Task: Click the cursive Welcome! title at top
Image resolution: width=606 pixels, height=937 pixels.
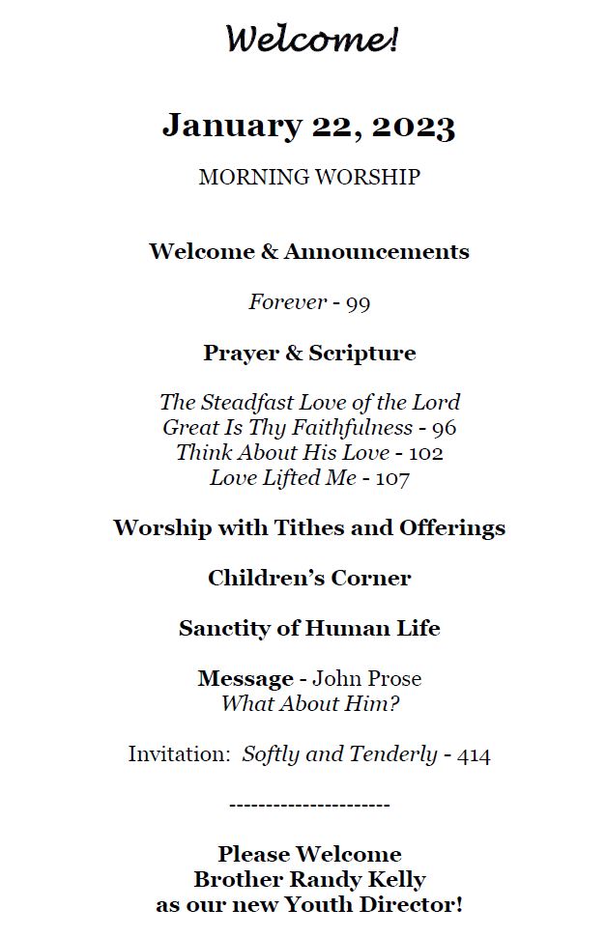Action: point(311,41)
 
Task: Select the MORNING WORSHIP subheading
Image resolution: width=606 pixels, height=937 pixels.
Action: point(309,178)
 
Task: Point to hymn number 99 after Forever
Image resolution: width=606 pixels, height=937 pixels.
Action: point(358,303)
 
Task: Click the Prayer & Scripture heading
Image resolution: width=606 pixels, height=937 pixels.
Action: point(309,354)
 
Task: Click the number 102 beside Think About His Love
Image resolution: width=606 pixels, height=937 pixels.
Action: point(426,453)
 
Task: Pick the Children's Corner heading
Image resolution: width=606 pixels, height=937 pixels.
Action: point(309,579)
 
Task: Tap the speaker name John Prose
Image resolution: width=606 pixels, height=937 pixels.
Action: point(366,679)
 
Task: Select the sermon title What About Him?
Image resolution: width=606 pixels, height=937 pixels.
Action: point(309,704)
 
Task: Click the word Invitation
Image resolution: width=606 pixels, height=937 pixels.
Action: point(179,755)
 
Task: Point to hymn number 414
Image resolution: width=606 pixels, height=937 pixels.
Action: point(476,755)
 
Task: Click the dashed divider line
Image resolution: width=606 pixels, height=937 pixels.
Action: point(309,805)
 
